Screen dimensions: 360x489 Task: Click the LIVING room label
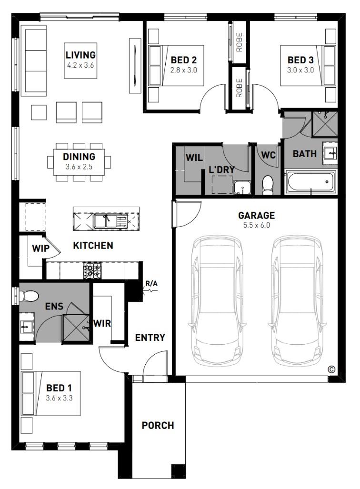(x=80, y=55)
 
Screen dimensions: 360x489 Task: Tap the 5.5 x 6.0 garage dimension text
(x=257, y=225)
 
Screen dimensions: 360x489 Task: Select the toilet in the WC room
(x=268, y=185)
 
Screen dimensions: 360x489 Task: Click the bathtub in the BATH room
(x=310, y=181)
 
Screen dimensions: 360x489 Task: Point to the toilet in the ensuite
(x=29, y=296)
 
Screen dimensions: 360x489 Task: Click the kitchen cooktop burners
(x=92, y=270)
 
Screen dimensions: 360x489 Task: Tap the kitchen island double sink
(x=111, y=221)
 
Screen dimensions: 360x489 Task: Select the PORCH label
(x=158, y=425)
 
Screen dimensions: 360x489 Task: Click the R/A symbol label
(x=151, y=284)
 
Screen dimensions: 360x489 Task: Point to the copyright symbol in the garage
(x=331, y=369)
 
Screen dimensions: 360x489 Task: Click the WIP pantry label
(x=40, y=249)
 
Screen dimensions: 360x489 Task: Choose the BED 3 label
(x=300, y=60)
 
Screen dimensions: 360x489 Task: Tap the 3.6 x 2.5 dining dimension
(x=79, y=167)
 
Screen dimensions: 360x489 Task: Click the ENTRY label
(x=150, y=338)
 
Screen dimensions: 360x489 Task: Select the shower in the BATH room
(x=325, y=124)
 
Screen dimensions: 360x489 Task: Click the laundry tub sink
(x=242, y=188)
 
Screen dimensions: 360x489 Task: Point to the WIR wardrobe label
(x=102, y=323)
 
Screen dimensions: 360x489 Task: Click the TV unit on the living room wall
(x=135, y=66)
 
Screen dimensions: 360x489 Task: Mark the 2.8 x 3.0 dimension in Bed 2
(x=184, y=70)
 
